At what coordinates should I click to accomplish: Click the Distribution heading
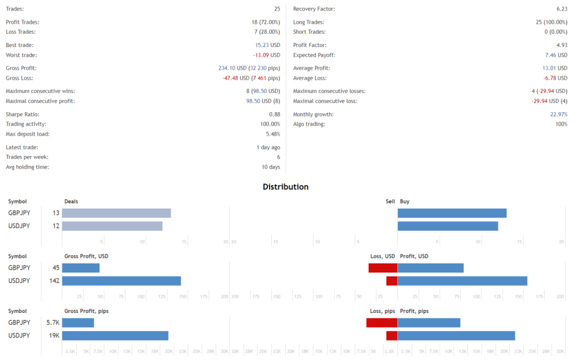tap(285, 187)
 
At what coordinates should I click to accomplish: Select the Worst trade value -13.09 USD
tap(266, 55)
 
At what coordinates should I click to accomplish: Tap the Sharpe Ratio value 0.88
tap(274, 114)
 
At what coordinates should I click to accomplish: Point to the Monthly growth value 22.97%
tap(558, 114)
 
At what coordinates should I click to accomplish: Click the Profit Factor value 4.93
tap(561, 45)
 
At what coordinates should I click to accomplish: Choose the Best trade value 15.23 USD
tap(267, 45)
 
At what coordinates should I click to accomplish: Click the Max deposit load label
tap(27, 134)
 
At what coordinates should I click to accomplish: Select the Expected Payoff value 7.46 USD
tap(556, 55)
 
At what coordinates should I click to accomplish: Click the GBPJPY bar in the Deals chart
tap(116, 213)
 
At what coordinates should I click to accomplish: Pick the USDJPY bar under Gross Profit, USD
tap(121, 280)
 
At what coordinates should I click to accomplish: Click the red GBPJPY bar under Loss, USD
tap(383, 267)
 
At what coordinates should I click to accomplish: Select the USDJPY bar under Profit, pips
tap(456, 335)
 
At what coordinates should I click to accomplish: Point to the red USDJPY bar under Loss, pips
tap(392, 335)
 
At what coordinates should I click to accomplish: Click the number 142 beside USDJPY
tap(54, 280)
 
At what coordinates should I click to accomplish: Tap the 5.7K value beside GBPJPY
tap(53, 322)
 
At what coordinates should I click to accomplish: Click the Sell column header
tap(390, 201)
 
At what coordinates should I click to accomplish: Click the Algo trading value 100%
tap(561, 124)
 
